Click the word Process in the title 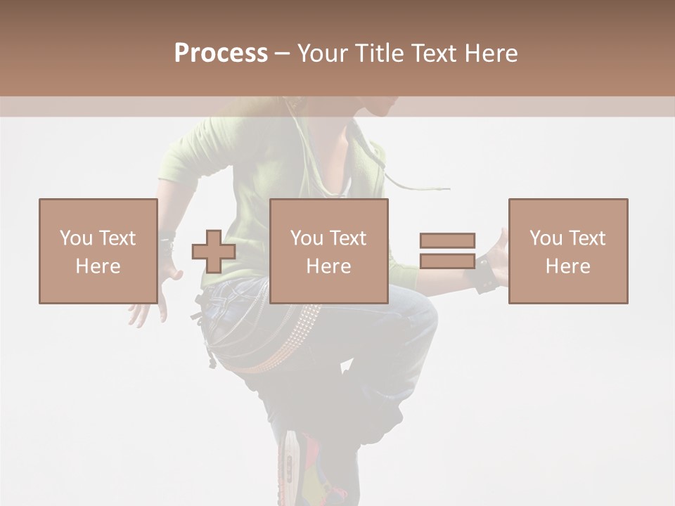221,53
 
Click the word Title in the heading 379,53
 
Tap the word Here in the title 490,53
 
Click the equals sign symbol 447,251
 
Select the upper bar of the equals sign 447,240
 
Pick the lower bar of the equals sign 447,261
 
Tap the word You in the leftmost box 75,238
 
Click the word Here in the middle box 329,266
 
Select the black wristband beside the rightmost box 487,274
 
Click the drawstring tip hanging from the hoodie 443,189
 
